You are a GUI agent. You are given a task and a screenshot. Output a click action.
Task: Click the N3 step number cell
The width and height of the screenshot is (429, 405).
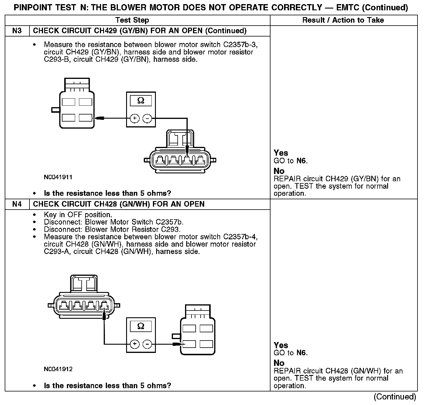(x=17, y=31)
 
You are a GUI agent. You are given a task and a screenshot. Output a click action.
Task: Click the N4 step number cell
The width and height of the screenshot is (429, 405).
(x=17, y=204)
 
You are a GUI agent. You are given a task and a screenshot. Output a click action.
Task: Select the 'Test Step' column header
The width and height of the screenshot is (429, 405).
(x=132, y=20)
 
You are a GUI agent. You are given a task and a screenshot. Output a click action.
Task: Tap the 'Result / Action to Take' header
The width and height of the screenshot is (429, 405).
(x=343, y=20)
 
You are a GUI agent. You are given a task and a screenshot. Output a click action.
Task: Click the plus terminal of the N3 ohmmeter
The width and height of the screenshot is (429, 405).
(x=135, y=119)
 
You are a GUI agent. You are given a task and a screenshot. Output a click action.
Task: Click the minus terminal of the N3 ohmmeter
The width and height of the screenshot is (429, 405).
(x=147, y=119)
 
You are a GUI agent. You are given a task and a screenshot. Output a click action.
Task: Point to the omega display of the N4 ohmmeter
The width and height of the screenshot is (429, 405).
(x=141, y=326)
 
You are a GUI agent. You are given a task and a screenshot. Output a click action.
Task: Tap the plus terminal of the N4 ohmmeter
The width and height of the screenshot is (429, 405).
(x=135, y=344)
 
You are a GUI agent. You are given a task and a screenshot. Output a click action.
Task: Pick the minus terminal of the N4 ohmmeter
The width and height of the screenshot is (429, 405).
(x=147, y=344)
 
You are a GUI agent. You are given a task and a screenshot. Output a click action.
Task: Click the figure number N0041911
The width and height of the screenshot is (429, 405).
(x=58, y=177)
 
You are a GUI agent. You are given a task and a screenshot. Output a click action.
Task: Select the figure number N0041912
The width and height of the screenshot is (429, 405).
(x=58, y=369)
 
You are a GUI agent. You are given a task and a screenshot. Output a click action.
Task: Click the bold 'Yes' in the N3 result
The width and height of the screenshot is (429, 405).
(x=281, y=153)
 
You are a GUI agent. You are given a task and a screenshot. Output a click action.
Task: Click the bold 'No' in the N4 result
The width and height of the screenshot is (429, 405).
(x=279, y=363)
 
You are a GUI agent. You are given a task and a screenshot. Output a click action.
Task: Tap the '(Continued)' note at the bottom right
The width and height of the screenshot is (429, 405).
(x=395, y=397)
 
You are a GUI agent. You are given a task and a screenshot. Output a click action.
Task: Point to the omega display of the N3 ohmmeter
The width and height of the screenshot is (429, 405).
(x=141, y=101)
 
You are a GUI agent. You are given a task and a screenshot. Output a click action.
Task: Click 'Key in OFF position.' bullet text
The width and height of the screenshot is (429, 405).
(x=78, y=215)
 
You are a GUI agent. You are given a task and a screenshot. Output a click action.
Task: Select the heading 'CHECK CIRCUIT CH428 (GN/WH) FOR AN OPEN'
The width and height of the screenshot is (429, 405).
(x=118, y=204)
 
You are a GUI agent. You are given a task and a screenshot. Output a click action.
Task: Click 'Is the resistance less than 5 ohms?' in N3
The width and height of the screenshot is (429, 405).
(x=107, y=193)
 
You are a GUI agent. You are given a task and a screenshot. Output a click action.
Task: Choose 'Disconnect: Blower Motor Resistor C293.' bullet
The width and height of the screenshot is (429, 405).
(x=112, y=229)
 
